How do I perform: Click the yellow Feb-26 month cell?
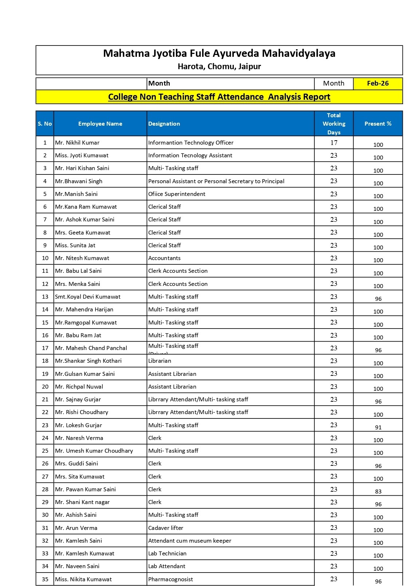click(x=378, y=83)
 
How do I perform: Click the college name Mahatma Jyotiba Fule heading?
click(x=219, y=54)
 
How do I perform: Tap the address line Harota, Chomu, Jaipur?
click(x=219, y=67)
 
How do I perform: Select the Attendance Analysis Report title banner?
click(x=219, y=97)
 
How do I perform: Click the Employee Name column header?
click(x=100, y=124)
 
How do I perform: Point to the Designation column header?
click(x=164, y=124)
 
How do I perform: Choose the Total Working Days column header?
click(x=334, y=124)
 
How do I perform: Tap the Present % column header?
click(x=378, y=124)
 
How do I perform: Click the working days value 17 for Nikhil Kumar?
click(x=334, y=143)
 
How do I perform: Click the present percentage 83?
click(x=378, y=491)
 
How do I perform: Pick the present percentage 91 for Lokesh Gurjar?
click(x=378, y=427)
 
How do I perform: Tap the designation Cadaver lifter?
click(x=166, y=528)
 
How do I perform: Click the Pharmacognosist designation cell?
click(x=170, y=579)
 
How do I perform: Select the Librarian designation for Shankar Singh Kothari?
click(x=160, y=361)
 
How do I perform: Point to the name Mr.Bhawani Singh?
click(x=79, y=181)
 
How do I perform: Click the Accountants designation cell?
click(x=164, y=258)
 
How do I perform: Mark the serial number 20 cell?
click(x=45, y=386)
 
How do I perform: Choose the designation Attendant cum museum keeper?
click(x=189, y=540)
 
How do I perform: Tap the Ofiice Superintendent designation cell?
click(x=177, y=194)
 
